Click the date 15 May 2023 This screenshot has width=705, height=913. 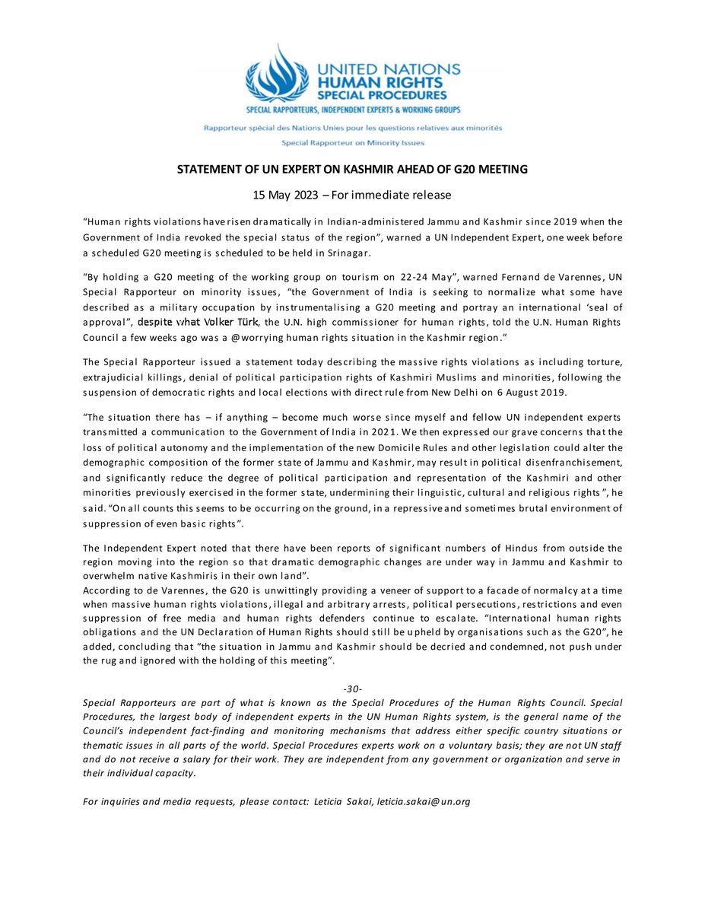[x=287, y=196]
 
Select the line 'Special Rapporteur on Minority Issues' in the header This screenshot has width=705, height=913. [x=352, y=142]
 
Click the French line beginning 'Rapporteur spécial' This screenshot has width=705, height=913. [x=352, y=129]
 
